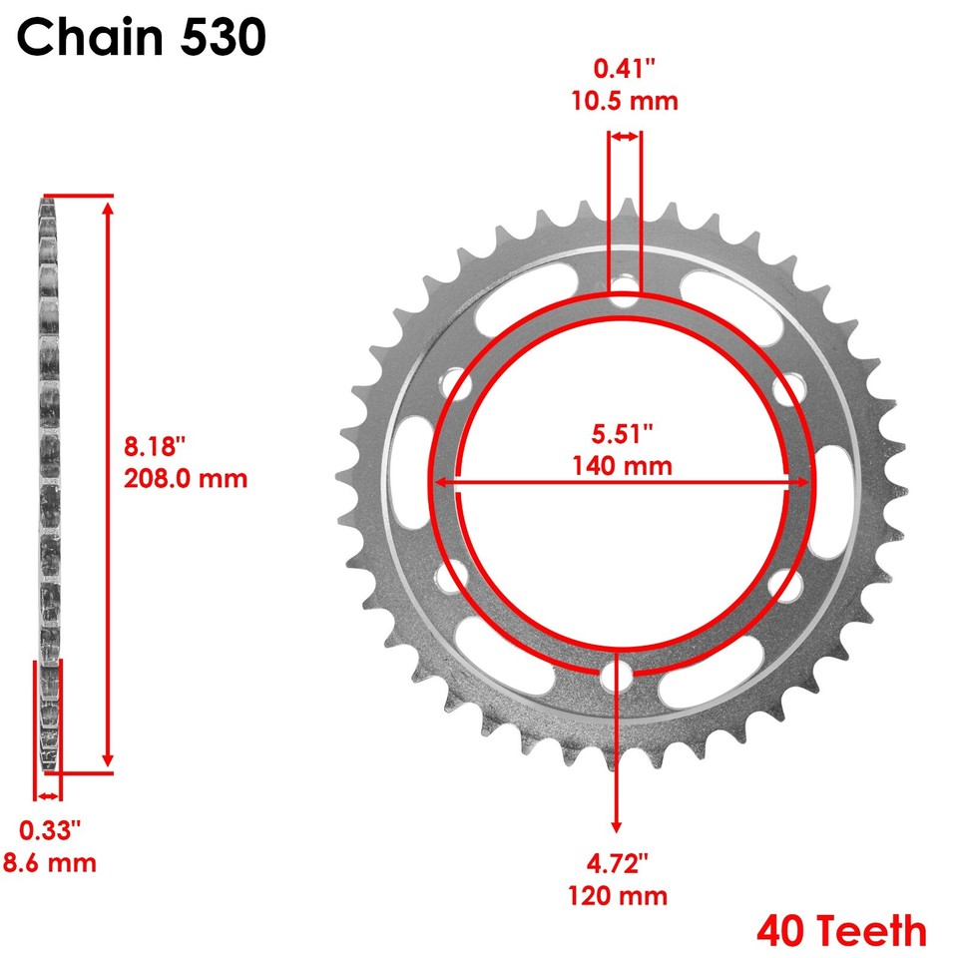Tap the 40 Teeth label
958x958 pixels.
[841, 931]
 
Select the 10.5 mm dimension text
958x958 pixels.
[625, 101]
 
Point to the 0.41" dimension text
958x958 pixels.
[625, 69]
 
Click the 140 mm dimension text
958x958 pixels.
[623, 465]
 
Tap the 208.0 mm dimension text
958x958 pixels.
[186, 478]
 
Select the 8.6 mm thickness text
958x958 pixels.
[49, 862]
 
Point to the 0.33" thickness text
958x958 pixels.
[50, 829]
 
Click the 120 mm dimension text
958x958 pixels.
[620, 895]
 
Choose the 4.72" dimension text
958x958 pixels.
[619, 862]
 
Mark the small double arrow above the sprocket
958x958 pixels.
[625, 137]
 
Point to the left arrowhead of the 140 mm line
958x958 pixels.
[440, 482]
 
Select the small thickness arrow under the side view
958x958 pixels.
[47, 795]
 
